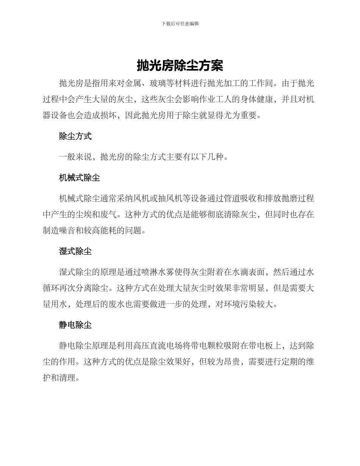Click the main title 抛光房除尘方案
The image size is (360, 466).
(x=180, y=66)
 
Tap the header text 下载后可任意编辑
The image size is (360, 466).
(x=180, y=23)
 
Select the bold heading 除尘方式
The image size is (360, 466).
(x=75, y=136)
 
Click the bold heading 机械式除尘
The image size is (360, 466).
(x=80, y=177)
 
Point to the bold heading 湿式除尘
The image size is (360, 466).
(x=75, y=251)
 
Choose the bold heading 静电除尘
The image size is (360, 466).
(x=75, y=325)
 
